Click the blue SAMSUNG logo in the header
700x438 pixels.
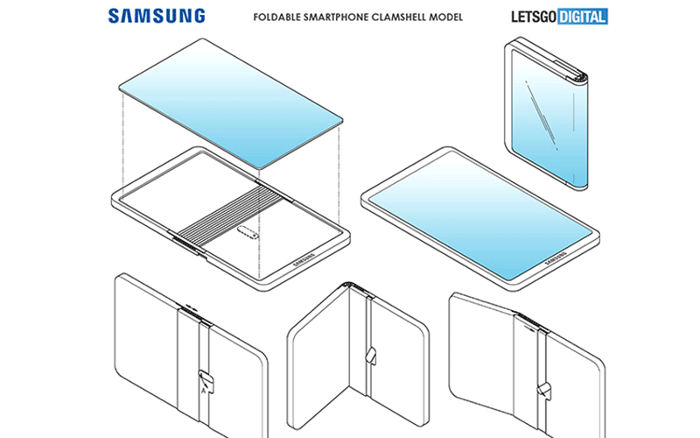click(158, 16)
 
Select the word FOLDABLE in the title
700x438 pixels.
click(276, 17)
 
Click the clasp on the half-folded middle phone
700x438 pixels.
click(371, 354)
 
